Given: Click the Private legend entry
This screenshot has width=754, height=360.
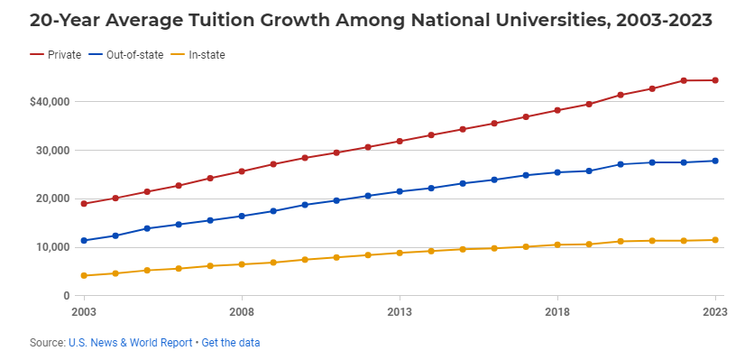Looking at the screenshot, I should (x=57, y=55).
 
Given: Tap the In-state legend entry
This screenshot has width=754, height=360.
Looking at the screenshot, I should (x=207, y=55).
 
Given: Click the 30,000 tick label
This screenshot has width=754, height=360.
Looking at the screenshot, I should (x=52, y=151).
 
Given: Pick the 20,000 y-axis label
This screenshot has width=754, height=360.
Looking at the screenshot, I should (x=52, y=198).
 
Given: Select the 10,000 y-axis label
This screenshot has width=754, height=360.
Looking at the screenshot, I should (x=52, y=247).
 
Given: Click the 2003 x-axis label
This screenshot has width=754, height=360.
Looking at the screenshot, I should (x=84, y=312).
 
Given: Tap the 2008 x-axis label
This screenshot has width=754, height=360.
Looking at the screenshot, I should (x=242, y=312).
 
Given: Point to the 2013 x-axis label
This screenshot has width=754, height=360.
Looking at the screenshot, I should (x=400, y=312).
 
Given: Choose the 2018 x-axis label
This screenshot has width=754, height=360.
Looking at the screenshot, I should (x=557, y=312).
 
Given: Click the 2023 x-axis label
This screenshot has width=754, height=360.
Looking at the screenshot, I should (x=715, y=312).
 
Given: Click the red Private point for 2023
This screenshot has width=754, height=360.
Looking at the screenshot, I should (x=715, y=80).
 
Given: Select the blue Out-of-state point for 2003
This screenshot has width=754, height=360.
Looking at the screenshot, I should (x=84, y=241).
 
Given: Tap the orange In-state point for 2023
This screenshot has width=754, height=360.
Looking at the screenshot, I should (x=715, y=240).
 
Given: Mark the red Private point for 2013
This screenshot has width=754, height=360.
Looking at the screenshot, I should (x=400, y=141).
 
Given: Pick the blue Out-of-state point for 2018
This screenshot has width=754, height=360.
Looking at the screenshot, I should (x=557, y=172).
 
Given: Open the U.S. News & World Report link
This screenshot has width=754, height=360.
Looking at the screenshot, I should (x=130, y=343).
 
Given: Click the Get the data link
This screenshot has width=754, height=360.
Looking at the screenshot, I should (x=230, y=343).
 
